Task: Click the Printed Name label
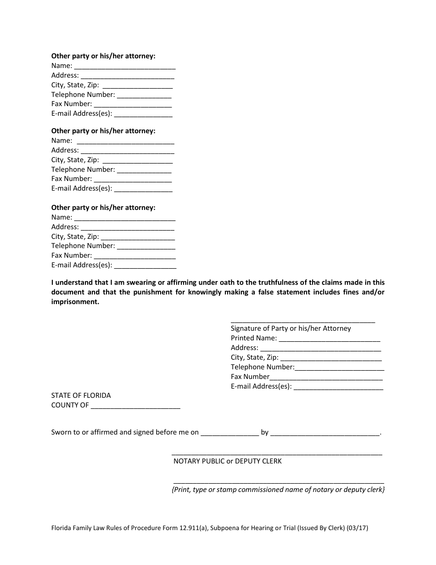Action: tap(253, 338)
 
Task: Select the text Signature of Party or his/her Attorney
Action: tap(291, 328)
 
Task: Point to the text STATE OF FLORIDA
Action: tap(81, 395)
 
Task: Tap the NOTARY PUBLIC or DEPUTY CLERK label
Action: tap(227, 461)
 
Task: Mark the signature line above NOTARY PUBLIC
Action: tap(277, 454)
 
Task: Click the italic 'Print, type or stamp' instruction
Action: tap(278, 490)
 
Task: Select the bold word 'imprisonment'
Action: tap(74, 302)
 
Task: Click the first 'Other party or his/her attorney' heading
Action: tap(103, 56)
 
